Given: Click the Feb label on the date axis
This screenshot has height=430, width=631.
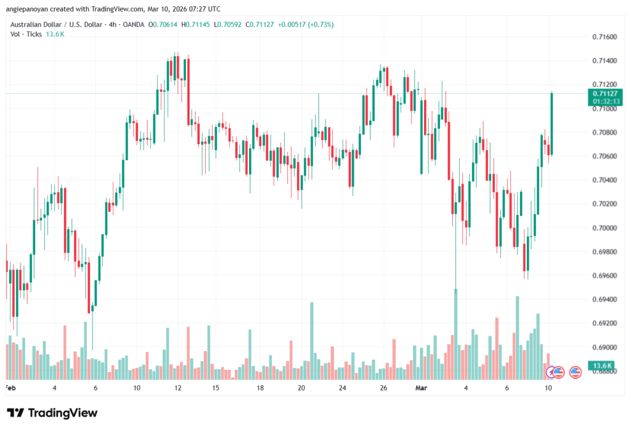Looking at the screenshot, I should [x=10, y=388].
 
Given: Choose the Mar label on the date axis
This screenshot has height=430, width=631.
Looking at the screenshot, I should [x=421, y=388].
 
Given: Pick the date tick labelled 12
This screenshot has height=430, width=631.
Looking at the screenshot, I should [x=177, y=388].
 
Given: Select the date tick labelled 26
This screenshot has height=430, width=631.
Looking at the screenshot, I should [x=383, y=388].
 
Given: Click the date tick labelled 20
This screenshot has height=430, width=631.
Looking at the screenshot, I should [x=301, y=388].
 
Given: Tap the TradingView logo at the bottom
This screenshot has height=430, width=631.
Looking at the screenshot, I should [x=52, y=413].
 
